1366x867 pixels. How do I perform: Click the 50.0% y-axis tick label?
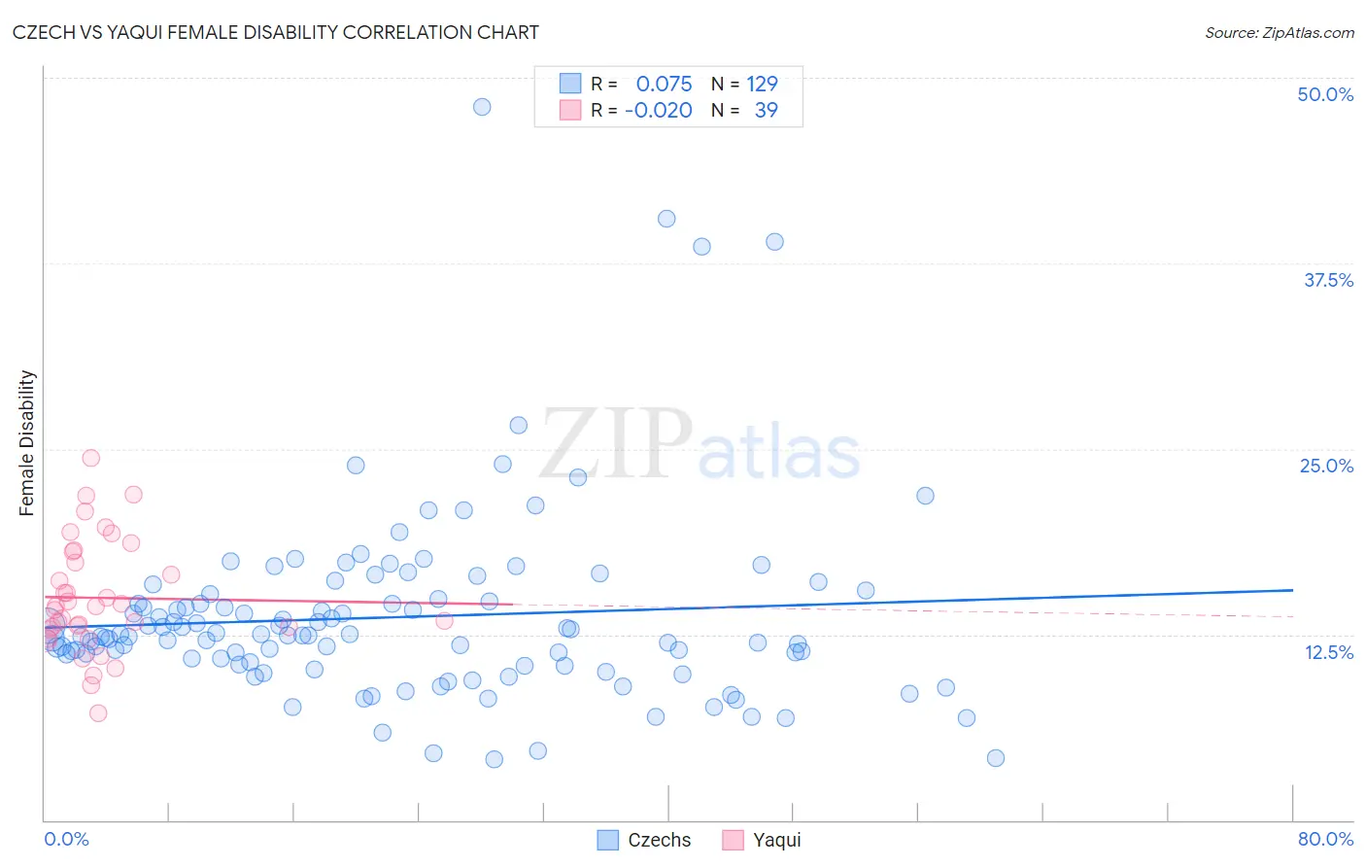pyautogui.click(x=1325, y=94)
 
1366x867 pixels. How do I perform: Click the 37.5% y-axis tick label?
pyautogui.click(x=1328, y=280)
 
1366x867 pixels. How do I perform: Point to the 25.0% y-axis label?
pyautogui.click(x=1326, y=466)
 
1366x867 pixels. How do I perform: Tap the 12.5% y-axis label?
pyautogui.click(x=1328, y=652)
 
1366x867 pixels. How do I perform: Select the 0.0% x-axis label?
pyautogui.click(x=66, y=839)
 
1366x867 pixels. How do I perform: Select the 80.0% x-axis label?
pyautogui.click(x=1325, y=839)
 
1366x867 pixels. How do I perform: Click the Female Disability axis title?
pyautogui.click(x=27, y=443)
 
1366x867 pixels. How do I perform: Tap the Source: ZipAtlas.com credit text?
pyautogui.click(x=1279, y=32)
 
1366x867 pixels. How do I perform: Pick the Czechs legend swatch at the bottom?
pyautogui.click(x=608, y=840)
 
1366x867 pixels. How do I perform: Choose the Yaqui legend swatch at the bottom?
pyautogui.click(x=733, y=840)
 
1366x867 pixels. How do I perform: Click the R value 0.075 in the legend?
pyautogui.click(x=664, y=85)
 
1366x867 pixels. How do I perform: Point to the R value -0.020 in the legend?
pyautogui.click(x=658, y=111)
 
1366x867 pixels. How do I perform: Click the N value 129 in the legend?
pyautogui.click(x=762, y=85)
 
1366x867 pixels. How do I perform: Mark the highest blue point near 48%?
pyautogui.click(x=482, y=107)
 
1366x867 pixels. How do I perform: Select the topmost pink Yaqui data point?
pyautogui.click(x=90, y=458)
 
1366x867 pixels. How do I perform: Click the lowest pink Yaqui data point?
pyautogui.click(x=98, y=712)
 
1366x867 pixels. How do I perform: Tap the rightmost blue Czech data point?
pyautogui.click(x=995, y=758)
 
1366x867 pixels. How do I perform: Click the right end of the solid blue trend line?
pyautogui.click(x=1292, y=590)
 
